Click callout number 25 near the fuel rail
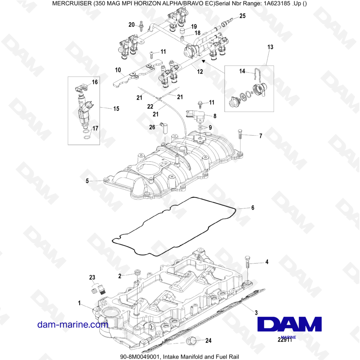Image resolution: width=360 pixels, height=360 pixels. (242, 16)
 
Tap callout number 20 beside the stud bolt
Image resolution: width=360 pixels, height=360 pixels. (131, 24)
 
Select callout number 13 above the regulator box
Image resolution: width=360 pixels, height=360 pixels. (270, 47)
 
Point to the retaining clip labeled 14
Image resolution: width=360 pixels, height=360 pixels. (257, 75)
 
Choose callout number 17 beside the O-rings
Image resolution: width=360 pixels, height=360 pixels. (95, 129)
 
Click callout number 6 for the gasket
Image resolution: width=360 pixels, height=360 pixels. (253, 208)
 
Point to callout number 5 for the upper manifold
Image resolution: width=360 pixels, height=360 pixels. (87, 181)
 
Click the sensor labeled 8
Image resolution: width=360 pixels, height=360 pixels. (195, 116)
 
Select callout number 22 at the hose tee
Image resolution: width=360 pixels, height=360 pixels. (150, 107)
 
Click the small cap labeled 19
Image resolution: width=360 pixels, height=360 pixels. (182, 30)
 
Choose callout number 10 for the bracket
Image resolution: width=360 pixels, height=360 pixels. (118, 70)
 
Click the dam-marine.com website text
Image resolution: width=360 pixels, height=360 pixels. (73, 324)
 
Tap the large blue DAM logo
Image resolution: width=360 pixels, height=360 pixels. (289, 324)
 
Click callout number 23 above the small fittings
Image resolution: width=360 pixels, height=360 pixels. (92, 277)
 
